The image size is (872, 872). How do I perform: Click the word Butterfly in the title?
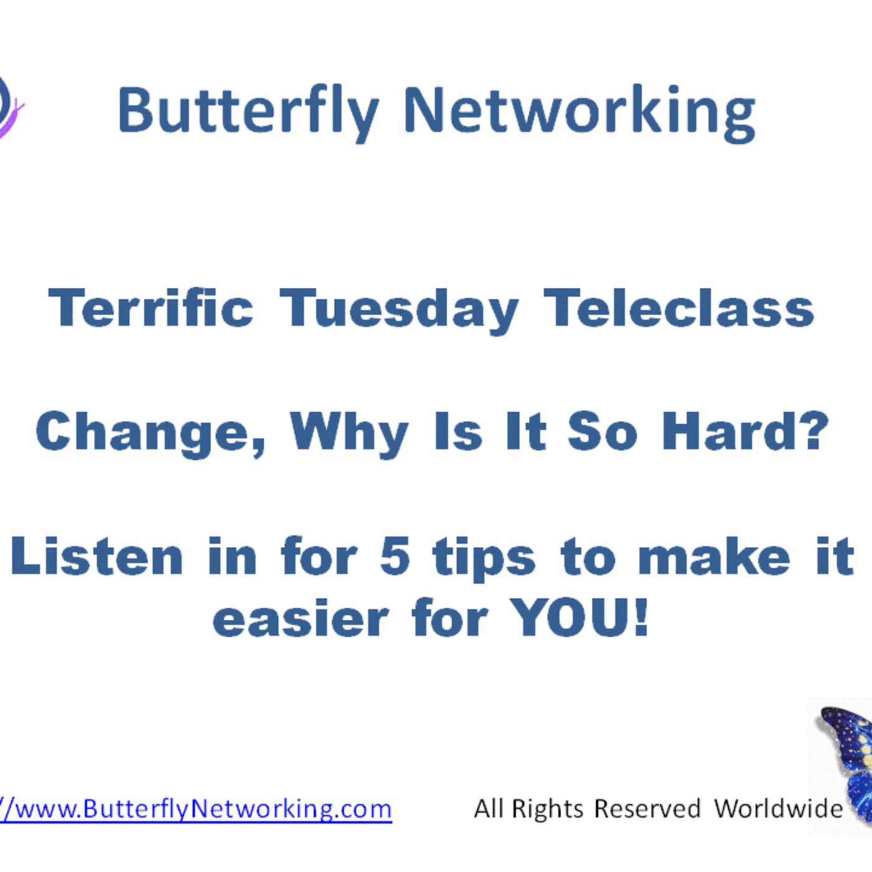click(248, 111)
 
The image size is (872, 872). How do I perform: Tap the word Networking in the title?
click(579, 111)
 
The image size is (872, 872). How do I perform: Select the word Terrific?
click(151, 308)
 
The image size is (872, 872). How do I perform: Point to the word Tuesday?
click(399, 310)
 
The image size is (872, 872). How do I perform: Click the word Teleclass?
click(679, 308)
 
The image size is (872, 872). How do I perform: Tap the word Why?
click(349, 432)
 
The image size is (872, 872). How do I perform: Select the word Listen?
click(97, 556)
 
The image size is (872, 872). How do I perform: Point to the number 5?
click(395, 556)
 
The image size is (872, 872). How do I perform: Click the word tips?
click(483, 557)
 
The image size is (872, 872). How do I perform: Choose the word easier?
click(301, 619)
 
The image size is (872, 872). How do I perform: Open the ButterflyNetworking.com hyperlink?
click(196, 809)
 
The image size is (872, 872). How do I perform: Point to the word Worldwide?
click(778, 808)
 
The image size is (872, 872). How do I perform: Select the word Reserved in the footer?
click(647, 808)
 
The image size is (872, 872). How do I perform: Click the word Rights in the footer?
click(547, 809)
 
